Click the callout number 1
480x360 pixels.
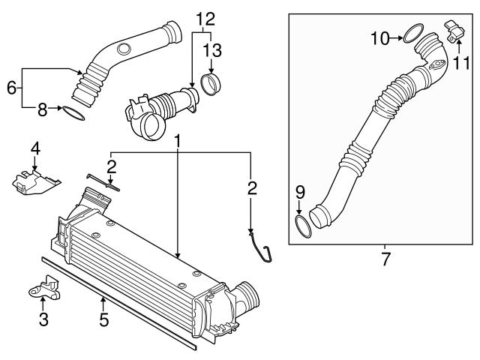pos(178,141)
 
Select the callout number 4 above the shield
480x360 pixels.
pos(34,148)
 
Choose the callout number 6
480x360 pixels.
pos(11,88)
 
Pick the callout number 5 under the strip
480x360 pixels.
pos(103,319)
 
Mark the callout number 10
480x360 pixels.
pos(379,36)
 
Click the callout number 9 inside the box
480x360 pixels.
pos(299,192)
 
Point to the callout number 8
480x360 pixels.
pos(42,110)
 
